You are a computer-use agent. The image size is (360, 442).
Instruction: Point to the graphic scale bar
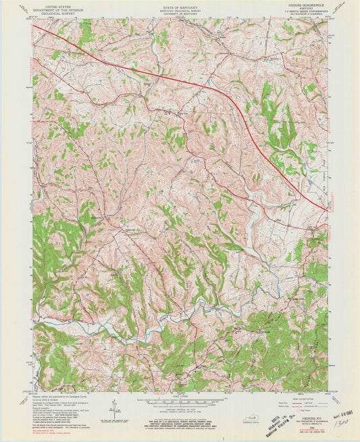tap(180, 403)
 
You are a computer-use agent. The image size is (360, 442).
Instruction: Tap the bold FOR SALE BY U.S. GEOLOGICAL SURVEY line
tap(180, 422)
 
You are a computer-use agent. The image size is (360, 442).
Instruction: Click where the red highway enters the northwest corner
tap(35, 27)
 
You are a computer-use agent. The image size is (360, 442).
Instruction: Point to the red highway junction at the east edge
tap(327, 211)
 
